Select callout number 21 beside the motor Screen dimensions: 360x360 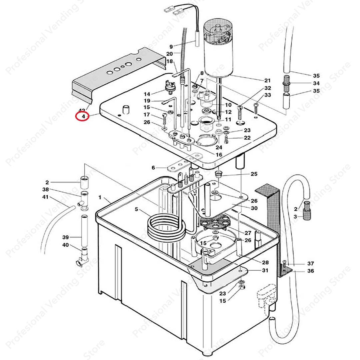point(267,81)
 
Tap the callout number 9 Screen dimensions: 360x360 point(171,47)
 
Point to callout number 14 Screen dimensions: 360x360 point(147,94)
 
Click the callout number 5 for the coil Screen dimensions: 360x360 point(136,209)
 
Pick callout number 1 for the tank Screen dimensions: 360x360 point(100,198)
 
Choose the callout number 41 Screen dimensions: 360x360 point(45,197)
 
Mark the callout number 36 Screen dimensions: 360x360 point(310,271)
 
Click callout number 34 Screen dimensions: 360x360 point(316,83)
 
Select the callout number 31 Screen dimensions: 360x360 point(265,270)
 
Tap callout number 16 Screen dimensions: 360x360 point(219,155)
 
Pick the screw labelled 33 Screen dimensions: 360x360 point(256,108)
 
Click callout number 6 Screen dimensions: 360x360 point(153,168)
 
